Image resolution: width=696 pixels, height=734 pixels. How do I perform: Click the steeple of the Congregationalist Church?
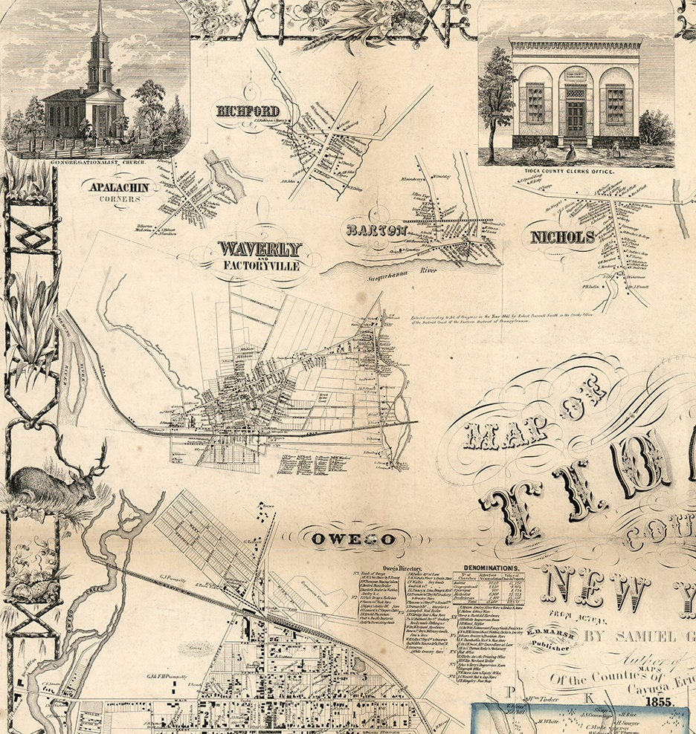(x=98, y=45)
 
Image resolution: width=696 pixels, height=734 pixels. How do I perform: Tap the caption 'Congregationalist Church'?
(x=97, y=160)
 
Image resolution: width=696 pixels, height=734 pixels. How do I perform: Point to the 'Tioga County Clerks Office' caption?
(x=575, y=172)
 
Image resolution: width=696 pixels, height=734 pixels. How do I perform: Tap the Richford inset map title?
(x=248, y=111)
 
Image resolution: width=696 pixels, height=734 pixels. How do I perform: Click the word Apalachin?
(x=120, y=187)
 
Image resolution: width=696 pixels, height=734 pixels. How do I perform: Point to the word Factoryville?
(x=260, y=265)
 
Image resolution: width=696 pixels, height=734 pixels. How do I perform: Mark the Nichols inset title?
(x=562, y=238)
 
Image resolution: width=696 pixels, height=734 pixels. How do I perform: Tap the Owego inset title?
(x=352, y=539)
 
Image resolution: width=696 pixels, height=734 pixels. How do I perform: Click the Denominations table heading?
(x=488, y=565)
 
